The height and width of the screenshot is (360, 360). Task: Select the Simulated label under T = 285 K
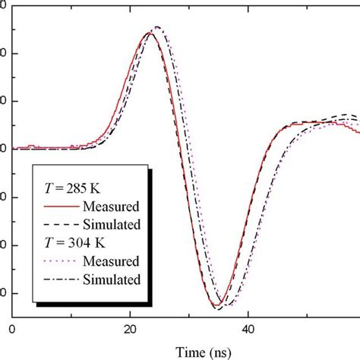point(114,225)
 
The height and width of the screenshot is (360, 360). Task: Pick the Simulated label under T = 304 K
point(114,280)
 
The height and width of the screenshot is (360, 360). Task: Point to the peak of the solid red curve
point(149,33)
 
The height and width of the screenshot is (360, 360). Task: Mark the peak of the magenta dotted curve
point(158,27)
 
